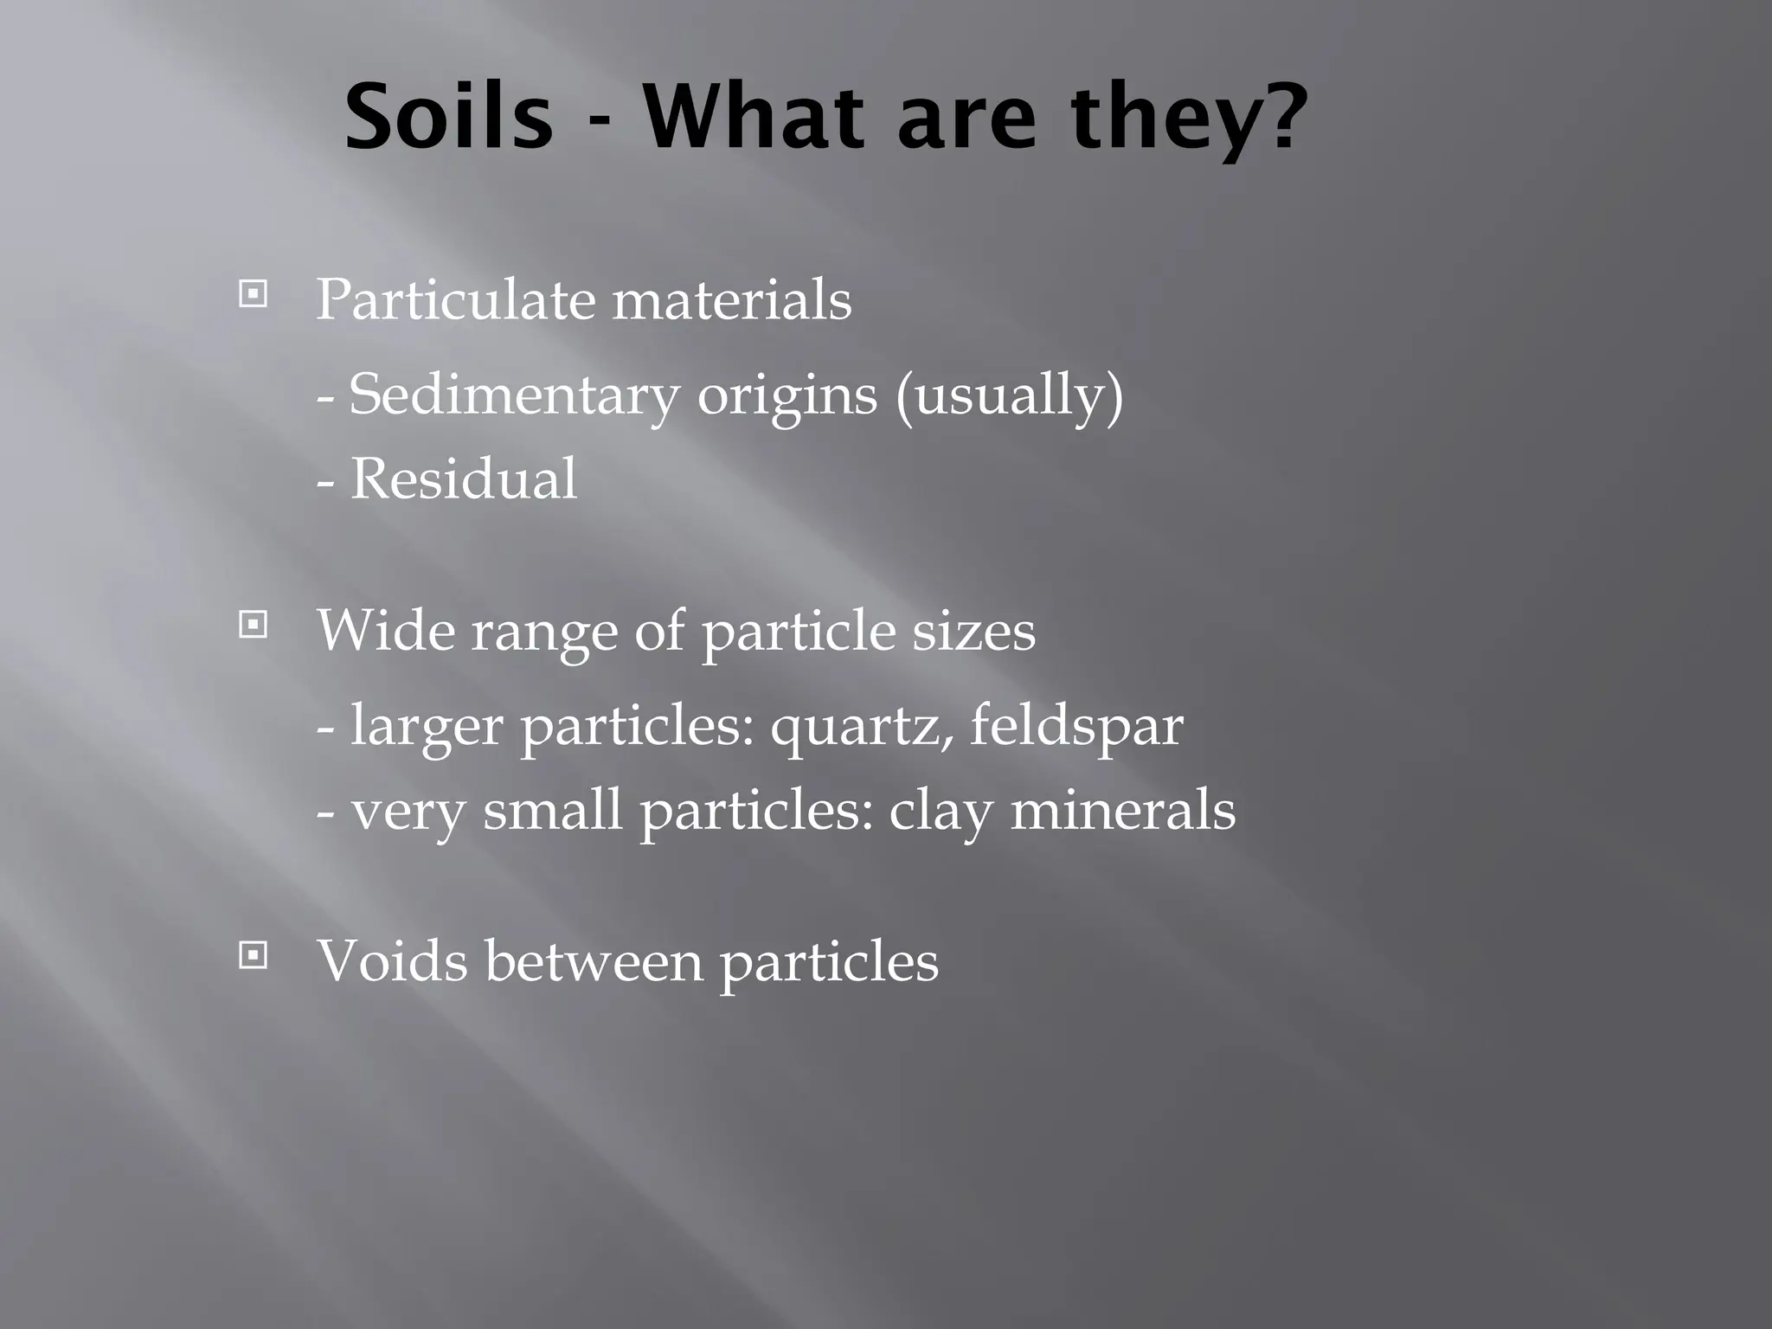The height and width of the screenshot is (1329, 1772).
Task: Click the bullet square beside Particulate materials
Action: [253, 295]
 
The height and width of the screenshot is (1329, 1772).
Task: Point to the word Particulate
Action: [455, 300]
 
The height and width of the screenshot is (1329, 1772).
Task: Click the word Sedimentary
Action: [514, 395]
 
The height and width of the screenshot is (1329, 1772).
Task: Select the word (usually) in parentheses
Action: [1009, 395]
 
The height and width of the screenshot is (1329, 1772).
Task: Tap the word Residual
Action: [463, 478]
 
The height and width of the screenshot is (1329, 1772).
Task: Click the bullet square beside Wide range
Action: [253, 624]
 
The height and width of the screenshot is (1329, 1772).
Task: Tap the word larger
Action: [426, 727]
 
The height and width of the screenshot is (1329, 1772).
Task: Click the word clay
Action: [940, 812]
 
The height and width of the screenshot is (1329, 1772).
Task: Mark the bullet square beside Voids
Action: [253, 955]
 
